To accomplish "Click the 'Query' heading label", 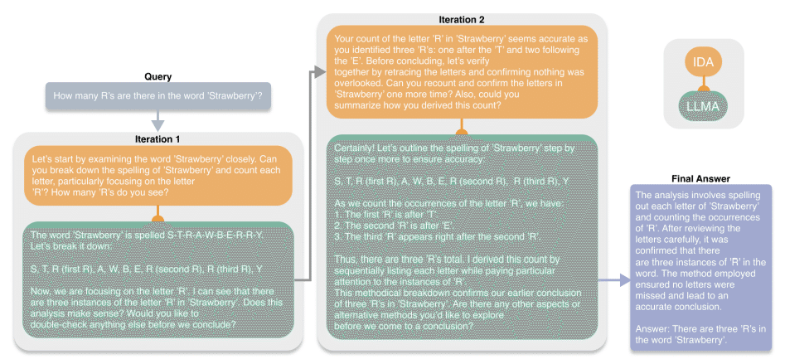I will point(157,77).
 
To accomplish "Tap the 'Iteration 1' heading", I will point(157,138).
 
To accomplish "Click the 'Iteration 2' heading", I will point(461,18).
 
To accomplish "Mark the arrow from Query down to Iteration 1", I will point(157,121).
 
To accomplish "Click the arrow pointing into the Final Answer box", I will point(617,282).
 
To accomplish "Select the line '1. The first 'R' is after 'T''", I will point(384,213).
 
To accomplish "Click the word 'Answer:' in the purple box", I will point(659,330).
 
